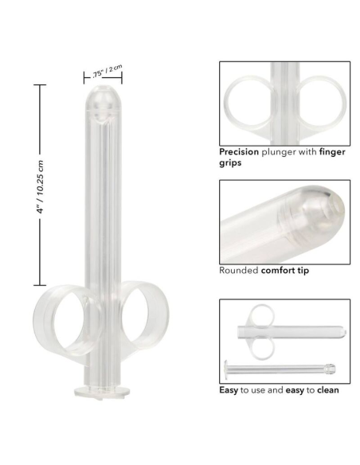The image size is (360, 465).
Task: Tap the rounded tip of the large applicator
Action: [104, 100]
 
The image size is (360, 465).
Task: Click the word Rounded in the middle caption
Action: [239, 270]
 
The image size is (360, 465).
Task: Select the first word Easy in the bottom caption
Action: [230, 389]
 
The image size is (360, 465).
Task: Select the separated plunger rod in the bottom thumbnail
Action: [279, 369]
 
